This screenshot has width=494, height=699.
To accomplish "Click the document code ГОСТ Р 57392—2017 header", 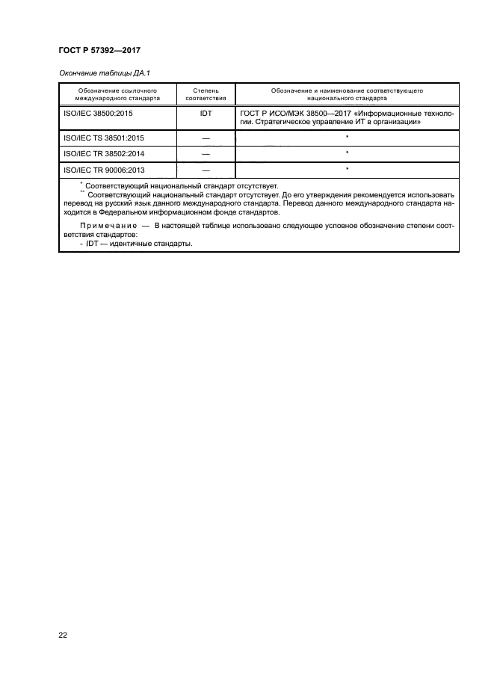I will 99,50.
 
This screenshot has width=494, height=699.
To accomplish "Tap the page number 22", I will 63,635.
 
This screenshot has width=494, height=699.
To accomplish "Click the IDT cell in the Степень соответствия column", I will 206,113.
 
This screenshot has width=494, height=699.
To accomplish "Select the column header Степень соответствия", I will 205,93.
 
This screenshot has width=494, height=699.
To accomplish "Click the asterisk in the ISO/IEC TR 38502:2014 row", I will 348,153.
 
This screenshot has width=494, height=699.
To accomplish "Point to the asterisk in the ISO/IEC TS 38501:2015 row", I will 348,137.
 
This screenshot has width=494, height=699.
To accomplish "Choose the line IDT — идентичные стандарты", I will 134,242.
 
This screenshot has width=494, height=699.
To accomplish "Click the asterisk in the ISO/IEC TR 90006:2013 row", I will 348,168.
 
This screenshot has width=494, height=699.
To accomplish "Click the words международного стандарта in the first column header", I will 117,97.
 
